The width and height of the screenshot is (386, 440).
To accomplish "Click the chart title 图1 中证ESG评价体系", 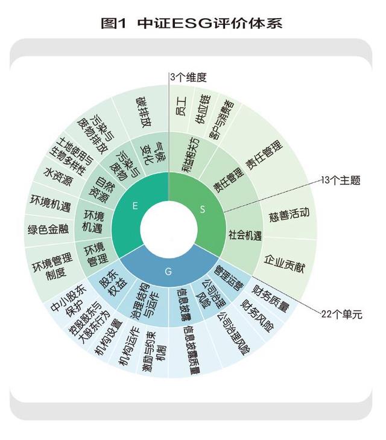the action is click(x=191, y=23).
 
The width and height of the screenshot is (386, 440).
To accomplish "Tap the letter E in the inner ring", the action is click(x=135, y=206).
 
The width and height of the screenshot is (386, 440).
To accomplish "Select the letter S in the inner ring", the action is click(x=203, y=209).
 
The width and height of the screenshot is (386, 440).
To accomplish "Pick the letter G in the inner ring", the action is click(x=168, y=272).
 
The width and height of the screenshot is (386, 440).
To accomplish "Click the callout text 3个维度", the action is click(x=188, y=77).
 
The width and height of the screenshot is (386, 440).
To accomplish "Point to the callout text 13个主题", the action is click(x=340, y=180).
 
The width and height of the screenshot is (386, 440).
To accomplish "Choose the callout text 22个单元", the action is click(x=341, y=314).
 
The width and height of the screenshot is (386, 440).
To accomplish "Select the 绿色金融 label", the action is click(x=48, y=229).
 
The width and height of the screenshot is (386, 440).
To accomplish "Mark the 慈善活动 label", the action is click(x=289, y=215).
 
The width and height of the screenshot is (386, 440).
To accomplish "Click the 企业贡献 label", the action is click(x=284, y=264).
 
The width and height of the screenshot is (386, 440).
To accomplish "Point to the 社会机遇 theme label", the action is click(x=245, y=235).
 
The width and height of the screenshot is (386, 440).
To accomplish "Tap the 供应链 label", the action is click(x=203, y=109).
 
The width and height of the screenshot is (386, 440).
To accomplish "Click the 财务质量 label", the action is click(x=270, y=299).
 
